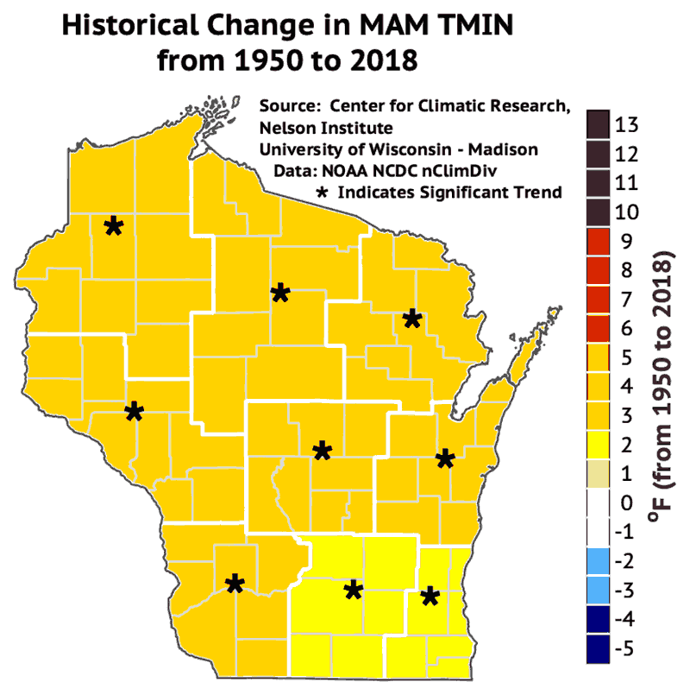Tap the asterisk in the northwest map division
coord(113,226)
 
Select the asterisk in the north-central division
coord(279,294)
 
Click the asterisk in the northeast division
coord(412,319)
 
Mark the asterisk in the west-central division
coord(134,412)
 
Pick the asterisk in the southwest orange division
coord(234,584)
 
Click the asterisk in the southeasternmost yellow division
coord(430,596)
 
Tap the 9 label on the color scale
coord(626,242)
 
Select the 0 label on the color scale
coord(626,502)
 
